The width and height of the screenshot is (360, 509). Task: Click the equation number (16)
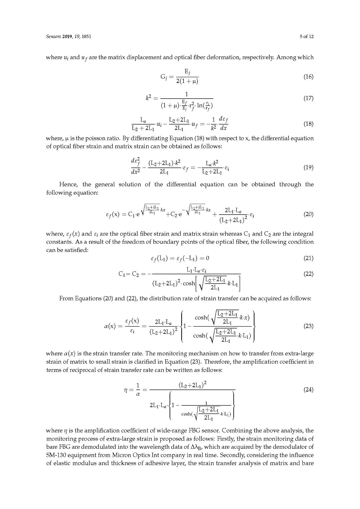coord(308,77)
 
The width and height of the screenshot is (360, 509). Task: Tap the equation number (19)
coord(308,167)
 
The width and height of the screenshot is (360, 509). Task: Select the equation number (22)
coord(308,274)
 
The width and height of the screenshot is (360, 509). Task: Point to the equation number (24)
coord(308,390)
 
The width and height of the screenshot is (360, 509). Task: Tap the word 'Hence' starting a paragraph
coord(68,185)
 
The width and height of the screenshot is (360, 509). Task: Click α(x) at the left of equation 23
coord(110,326)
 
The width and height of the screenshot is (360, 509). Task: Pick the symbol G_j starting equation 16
coord(164,77)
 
